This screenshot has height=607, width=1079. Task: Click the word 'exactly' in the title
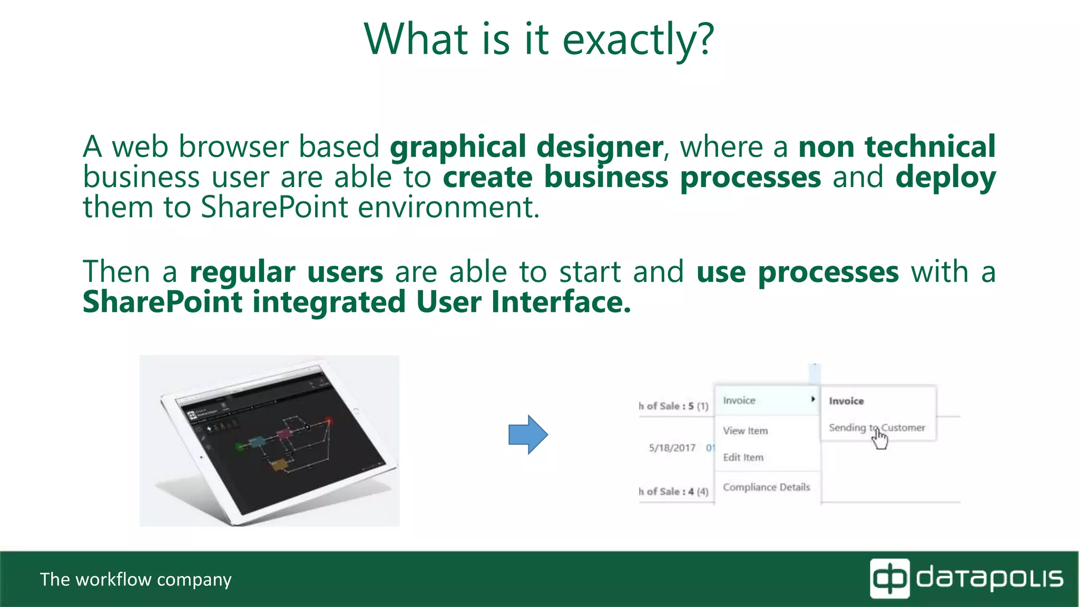click(x=627, y=40)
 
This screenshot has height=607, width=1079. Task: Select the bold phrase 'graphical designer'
click(x=526, y=147)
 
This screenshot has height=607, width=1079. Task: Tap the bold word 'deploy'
click(x=945, y=178)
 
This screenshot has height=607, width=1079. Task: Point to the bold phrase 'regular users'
click(x=286, y=272)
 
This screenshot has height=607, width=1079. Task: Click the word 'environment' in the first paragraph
click(x=448, y=207)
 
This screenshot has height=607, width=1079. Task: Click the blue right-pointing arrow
click(x=528, y=435)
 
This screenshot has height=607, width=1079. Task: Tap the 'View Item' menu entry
click(x=745, y=430)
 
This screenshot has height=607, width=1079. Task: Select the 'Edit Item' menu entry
click(x=743, y=457)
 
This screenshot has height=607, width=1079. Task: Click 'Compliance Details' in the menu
click(x=766, y=487)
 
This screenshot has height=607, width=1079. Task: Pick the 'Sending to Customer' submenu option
click(x=876, y=427)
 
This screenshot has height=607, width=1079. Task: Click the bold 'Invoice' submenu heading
click(x=846, y=401)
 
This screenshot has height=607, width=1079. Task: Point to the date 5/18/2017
click(x=672, y=448)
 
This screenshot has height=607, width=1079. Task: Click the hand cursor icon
click(x=880, y=439)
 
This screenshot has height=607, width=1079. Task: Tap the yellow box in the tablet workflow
click(x=279, y=465)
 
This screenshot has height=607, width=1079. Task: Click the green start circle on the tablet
click(x=240, y=447)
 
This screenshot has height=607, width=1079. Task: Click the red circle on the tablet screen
click(x=329, y=420)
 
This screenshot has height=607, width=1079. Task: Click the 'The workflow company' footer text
click(x=135, y=580)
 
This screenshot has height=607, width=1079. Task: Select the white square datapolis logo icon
click(x=889, y=579)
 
